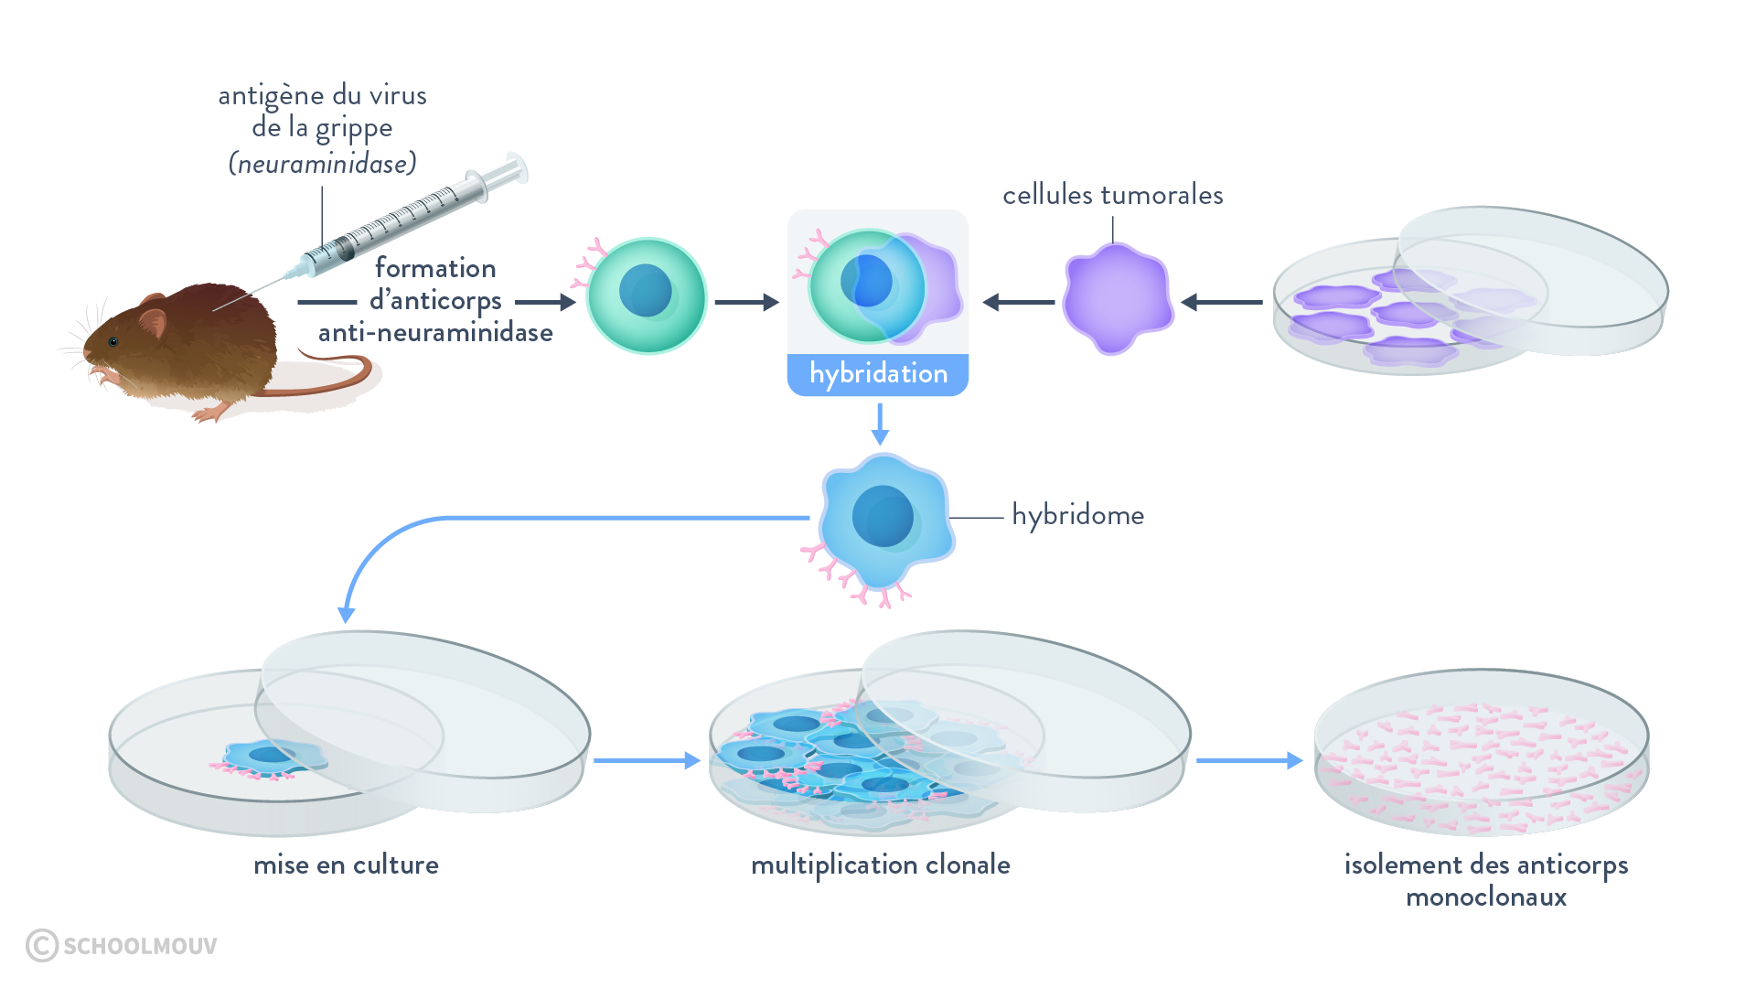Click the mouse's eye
[113, 342]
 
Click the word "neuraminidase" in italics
[323, 164]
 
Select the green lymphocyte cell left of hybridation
[647, 295]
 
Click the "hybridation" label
[878, 374]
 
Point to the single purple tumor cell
[1118, 298]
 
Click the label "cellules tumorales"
[1112, 195]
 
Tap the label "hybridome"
[1077, 515]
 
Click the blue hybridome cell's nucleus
[883, 516]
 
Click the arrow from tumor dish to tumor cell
[1222, 302]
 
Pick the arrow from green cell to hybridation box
[746, 302]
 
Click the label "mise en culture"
[346, 864]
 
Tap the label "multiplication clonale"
[881, 864]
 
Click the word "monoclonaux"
[1486, 897]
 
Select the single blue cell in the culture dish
[273, 756]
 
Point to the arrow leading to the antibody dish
[1249, 760]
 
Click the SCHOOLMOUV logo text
[139, 946]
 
